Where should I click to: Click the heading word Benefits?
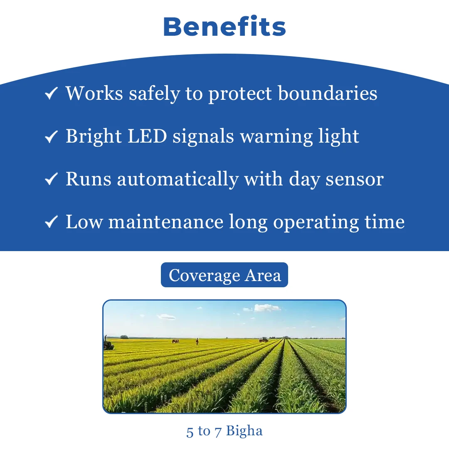[x=224, y=27]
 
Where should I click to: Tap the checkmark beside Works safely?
[x=51, y=94]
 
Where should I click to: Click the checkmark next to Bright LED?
[x=51, y=136]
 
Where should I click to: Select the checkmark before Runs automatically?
[x=51, y=179]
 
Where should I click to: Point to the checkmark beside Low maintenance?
[x=51, y=222]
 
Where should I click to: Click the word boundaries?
[x=328, y=93]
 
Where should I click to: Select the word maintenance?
[x=166, y=222]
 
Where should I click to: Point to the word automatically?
[x=178, y=180]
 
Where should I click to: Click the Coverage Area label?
[x=224, y=275]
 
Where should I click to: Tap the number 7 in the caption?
[x=218, y=431]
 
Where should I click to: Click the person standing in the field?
[x=197, y=342]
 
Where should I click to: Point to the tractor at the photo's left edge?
[x=108, y=344]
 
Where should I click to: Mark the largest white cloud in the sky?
[x=267, y=308]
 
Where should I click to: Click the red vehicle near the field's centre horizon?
[x=263, y=340]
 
